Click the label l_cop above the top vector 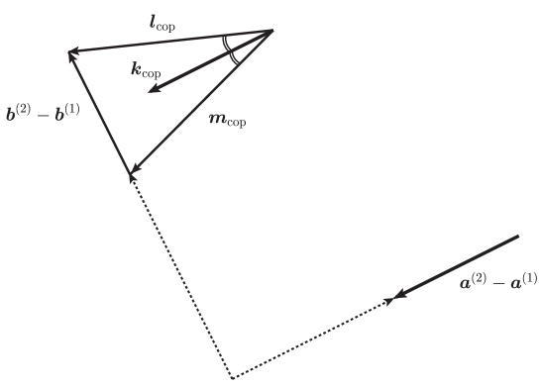pyautogui.click(x=161, y=23)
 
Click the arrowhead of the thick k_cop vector pyautogui.click(x=151, y=92)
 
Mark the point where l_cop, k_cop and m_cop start pyautogui.click(x=272, y=31)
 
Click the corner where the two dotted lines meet pyautogui.click(x=232, y=378)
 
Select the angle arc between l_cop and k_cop pyautogui.click(x=227, y=43)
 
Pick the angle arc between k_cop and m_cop pyautogui.click(x=234, y=56)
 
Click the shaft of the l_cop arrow pyautogui.click(x=168, y=42)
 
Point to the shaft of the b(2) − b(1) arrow pyautogui.click(x=100, y=114)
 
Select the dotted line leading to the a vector pyautogui.click(x=312, y=338)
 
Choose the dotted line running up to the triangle pyautogui.click(x=180, y=277)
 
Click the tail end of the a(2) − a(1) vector pyautogui.click(x=517, y=237)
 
